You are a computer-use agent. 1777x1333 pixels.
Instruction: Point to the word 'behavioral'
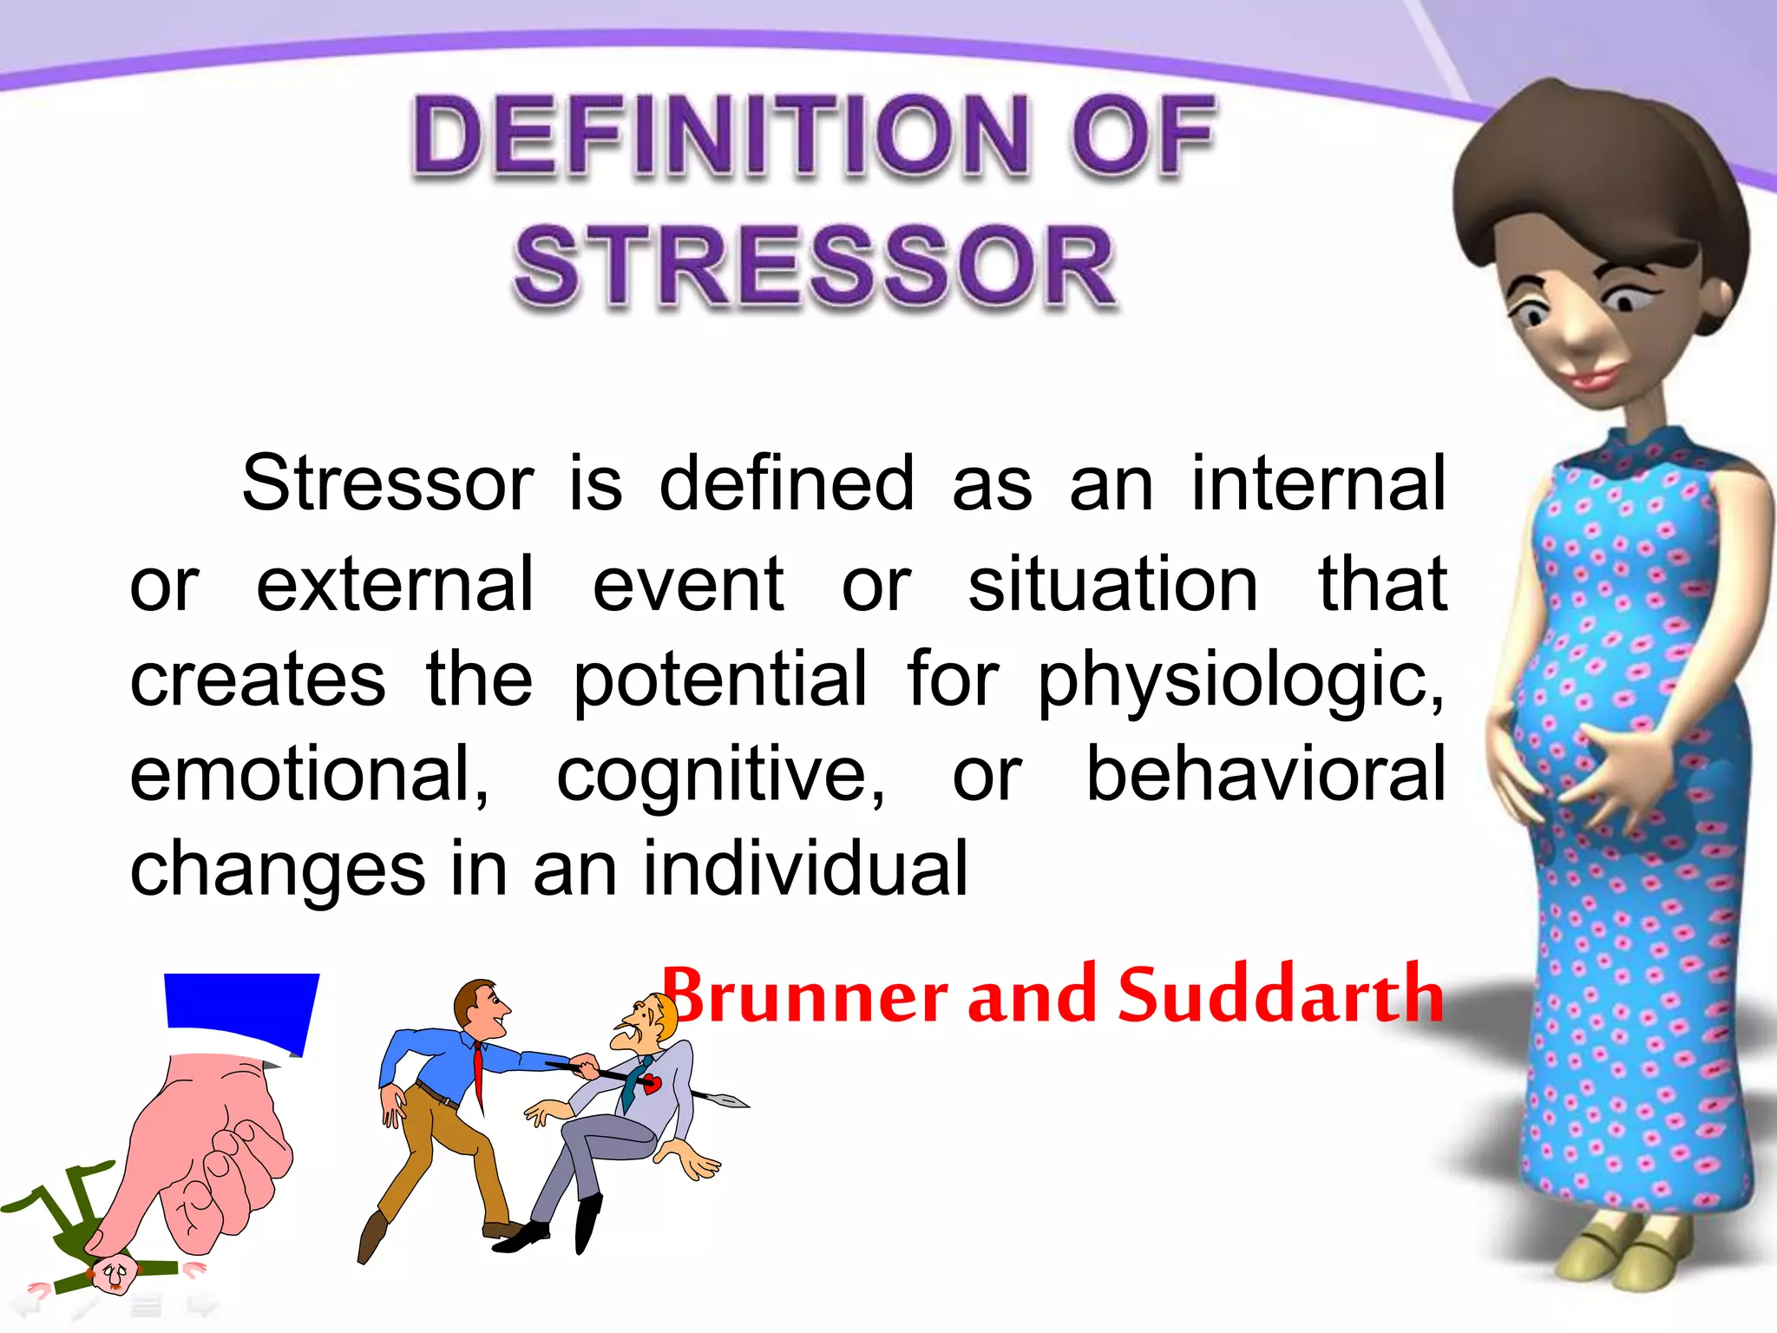pyautogui.click(x=1265, y=773)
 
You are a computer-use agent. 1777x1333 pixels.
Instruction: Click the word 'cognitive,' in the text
pyautogui.click(x=720, y=775)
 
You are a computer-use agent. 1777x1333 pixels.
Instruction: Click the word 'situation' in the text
pyautogui.click(x=1112, y=585)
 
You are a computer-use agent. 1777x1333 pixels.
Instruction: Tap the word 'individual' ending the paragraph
pyautogui.click(x=804, y=868)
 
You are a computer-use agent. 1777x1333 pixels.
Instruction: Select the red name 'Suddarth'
pyautogui.click(x=1281, y=995)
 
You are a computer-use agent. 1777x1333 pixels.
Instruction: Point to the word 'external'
pyautogui.click(x=395, y=585)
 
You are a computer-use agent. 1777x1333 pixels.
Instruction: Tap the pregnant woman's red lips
pyautogui.click(x=1591, y=378)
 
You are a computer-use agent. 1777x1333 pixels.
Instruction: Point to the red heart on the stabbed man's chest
pyautogui.click(x=652, y=1083)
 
